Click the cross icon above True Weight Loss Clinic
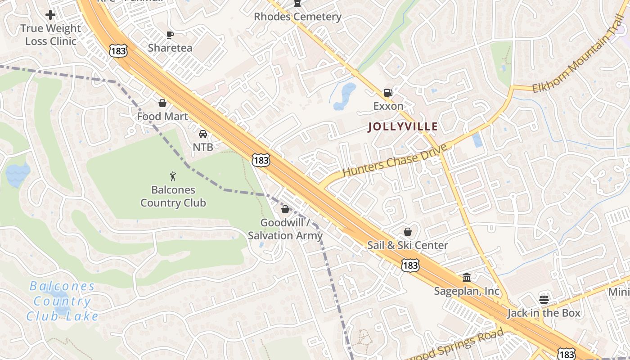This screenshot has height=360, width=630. (50, 15)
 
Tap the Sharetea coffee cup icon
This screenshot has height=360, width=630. (170, 35)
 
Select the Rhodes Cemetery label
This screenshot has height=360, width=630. (297, 17)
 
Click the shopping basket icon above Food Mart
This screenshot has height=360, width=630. (162, 103)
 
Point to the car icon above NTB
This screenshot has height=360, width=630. (203, 134)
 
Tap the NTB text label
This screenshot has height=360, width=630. (203, 147)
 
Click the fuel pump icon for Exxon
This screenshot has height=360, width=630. (388, 93)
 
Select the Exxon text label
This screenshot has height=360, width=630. (388, 106)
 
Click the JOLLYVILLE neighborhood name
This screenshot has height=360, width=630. (403, 127)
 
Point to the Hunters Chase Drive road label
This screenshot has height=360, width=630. (395, 160)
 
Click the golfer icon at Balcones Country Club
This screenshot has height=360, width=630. (173, 176)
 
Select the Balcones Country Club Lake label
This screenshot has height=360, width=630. (62, 301)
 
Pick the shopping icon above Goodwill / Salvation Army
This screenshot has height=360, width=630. (285, 209)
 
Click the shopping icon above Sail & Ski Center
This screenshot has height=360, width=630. (408, 232)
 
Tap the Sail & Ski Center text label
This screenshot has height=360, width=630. (408, 245)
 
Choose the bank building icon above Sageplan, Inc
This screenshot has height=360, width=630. (467, 277)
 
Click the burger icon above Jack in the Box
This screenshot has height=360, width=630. (544, 299)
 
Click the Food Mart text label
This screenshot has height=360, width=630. (162, 117)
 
